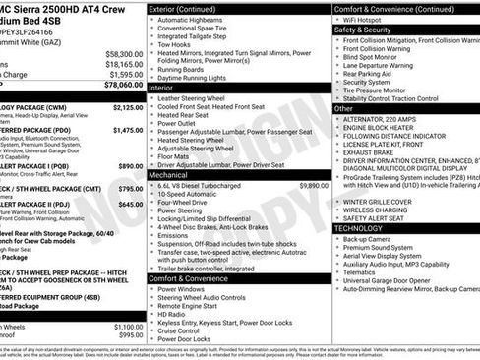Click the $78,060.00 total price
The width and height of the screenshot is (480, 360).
click(x=123, y=85)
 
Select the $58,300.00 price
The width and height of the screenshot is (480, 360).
click(x=124, y=53)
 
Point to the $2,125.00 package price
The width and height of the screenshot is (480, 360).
click(x=128, y=107)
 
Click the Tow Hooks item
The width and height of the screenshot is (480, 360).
click(x=174, y=44)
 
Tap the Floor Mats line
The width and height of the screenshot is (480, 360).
click(x=174, y=155)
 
